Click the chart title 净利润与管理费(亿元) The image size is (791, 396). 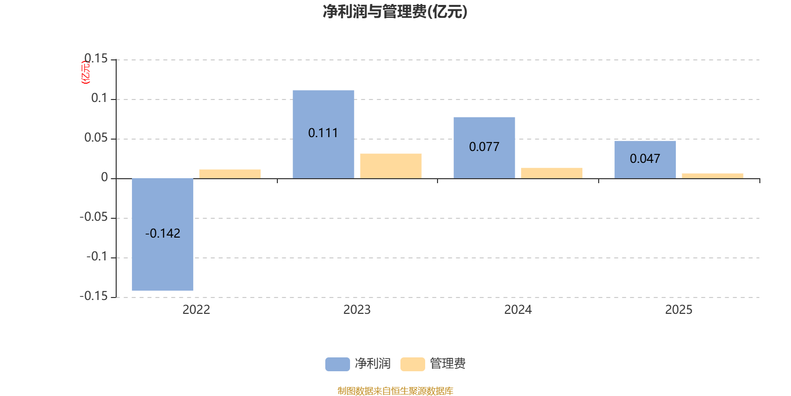[395, 11]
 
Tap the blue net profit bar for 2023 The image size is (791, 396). [323, 109]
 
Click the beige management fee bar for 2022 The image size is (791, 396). [230, 174]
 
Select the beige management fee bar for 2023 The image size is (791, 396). [391, 166]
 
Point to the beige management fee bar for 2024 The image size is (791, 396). [552, 173]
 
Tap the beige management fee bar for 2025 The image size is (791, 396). [712, 176]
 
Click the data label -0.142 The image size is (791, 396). [163, 234]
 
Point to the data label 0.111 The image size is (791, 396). [323, 133]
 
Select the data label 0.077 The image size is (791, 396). [484, 147]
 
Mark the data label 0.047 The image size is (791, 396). [645, 159]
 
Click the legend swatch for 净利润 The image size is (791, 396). [337, 364]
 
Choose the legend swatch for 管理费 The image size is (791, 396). [412, 364]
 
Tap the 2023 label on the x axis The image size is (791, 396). [357, 310]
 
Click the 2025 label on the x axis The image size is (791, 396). [678, 310]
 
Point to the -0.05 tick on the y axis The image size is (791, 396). [93, 217]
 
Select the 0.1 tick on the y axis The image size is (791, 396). [99, 99]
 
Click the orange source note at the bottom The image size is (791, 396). [395, 391]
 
